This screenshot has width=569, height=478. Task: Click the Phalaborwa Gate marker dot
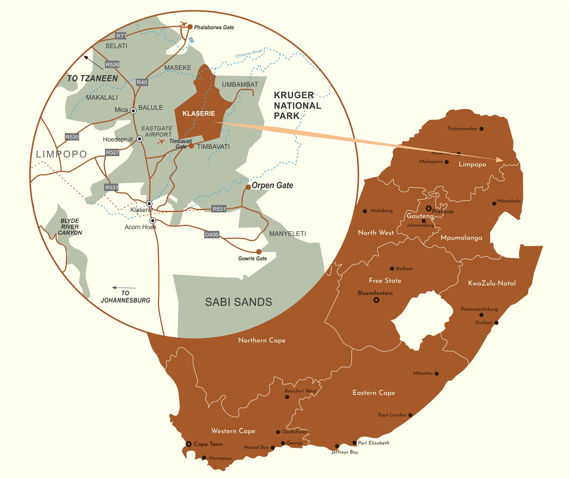(190, 27)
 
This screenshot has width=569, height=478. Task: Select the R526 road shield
(112, 65)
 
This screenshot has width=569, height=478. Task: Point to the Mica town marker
(133, 111)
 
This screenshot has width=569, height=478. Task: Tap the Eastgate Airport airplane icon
(161, 142)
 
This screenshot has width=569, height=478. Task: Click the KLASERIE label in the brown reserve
(199, 114)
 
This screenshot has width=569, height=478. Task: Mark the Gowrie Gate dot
(259, 252)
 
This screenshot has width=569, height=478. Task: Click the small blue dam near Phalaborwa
(192, 40)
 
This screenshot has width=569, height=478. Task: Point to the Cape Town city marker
(189, 444)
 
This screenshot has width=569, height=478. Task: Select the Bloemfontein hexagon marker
(376, 300)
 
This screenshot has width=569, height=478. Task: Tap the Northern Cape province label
(262, 340)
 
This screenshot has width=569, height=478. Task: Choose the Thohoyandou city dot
(482, 129)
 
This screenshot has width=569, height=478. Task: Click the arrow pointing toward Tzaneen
(93, 62)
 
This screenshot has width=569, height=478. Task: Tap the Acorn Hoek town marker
(153, 221)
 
